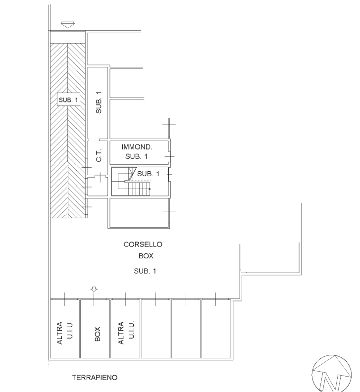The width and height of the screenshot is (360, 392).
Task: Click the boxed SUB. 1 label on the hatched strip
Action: (x=68, y=99)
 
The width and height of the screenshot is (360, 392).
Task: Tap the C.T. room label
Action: (x=99, y=155)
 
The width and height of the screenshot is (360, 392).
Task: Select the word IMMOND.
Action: (x=137, y=147)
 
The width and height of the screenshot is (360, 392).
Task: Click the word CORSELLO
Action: (x=143, y=244)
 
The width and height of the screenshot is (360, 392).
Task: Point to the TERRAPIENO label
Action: (x=95, y=377)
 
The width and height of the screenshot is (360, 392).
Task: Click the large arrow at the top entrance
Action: (x=68, y=25)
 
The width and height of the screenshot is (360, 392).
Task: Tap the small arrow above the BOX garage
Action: (x=94, y=289)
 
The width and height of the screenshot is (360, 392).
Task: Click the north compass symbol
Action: (x=331, y=374)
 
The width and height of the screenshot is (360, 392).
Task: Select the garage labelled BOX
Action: (x=95, y=329)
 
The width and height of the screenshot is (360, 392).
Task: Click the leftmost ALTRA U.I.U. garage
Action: (x=65, y=329)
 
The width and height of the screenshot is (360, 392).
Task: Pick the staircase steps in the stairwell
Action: (x=134, y=186)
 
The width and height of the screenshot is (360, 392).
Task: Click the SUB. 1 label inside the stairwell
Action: (x=148, y=174)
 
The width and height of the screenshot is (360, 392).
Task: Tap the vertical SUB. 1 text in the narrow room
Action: (x=99, y=102)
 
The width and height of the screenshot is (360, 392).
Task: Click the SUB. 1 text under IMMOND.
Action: (x=136, y=156)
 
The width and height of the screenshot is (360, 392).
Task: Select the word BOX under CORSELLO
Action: (x=146, y=256)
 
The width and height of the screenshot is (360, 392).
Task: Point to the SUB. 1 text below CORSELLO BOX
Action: (x=145, y=271)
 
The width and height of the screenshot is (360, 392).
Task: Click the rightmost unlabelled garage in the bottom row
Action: (x=216, y=329)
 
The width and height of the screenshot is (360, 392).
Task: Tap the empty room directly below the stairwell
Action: (x=139, y=213)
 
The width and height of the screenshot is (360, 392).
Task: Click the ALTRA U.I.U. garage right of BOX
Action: (x=125, y=329)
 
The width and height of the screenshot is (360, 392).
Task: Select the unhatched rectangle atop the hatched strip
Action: (x=68, y=37)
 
